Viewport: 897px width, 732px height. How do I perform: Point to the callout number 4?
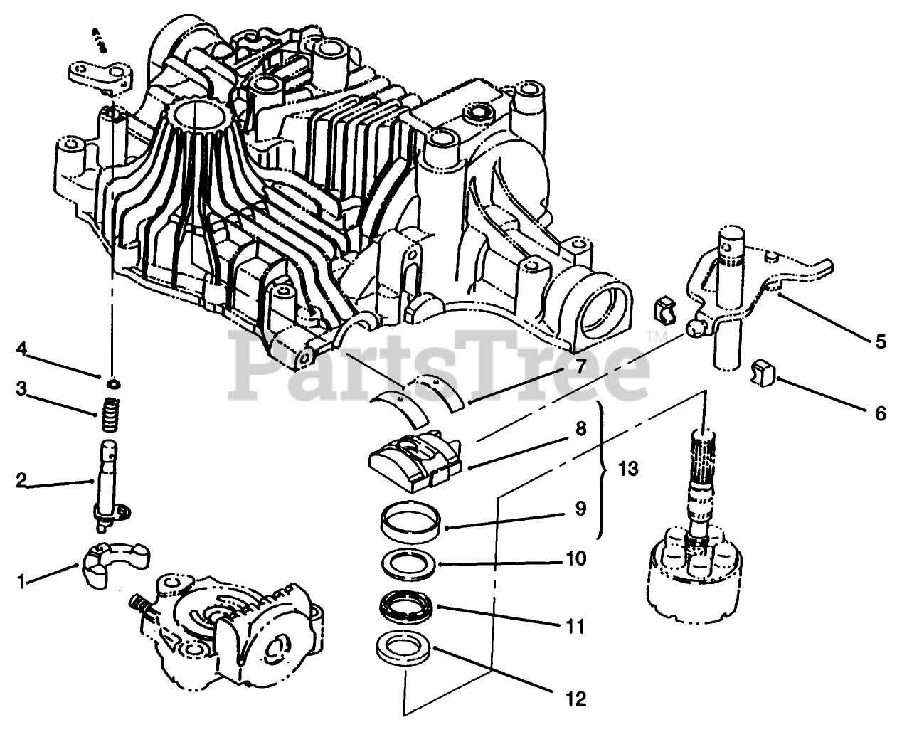22,349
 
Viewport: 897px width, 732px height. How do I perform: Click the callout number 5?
881,342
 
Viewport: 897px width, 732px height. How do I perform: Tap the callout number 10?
576,558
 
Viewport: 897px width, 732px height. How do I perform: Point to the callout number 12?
576,699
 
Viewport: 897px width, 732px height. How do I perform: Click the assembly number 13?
628,470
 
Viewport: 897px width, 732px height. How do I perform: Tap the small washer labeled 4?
112,384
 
